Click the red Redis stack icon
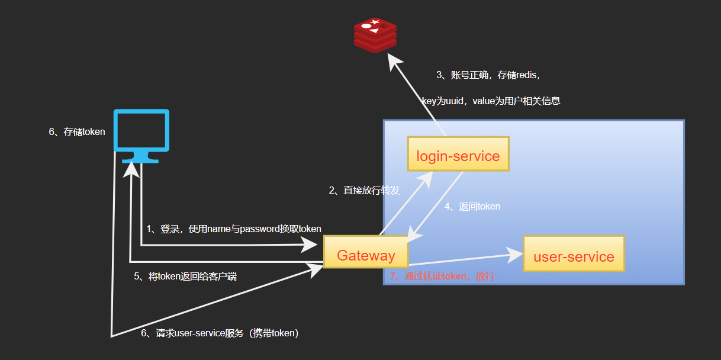[375, 35]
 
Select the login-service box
[458, 156]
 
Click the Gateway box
[366, 256]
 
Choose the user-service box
[574, 256]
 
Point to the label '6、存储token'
[77, 131]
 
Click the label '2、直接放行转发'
[364, 191]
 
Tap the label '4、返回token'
[472, 207]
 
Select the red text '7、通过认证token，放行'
[442, 277]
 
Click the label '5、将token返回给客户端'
[185, 277]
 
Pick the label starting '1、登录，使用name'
[234, 229]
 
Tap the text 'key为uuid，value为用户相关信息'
[491, 101]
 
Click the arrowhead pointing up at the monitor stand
[130, 169]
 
